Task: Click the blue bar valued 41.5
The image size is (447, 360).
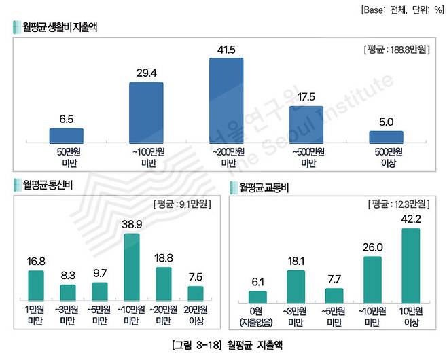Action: (227, 100)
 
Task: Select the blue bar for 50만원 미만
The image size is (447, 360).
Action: (66, 135)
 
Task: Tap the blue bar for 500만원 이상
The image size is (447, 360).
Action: (386, 137)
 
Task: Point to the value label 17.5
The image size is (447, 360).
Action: (306, 96)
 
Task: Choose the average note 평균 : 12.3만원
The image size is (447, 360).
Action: (398, 203)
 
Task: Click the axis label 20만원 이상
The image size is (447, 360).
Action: (195, 314)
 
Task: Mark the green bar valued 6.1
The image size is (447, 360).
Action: (258, 296)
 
